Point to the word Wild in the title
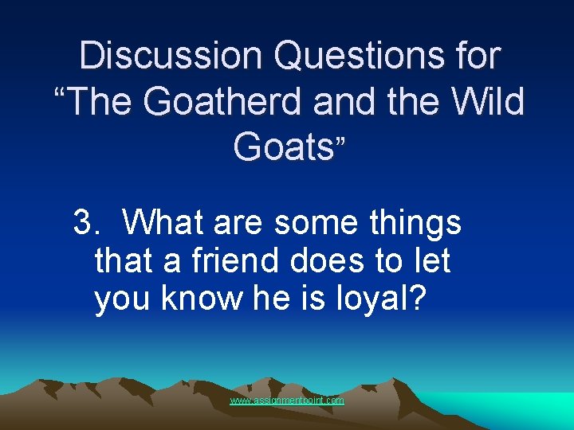(x=489, y=102)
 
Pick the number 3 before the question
(x=82, y=223)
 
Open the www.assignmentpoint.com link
(x=287, y=401)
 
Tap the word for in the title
(x=475, y=56)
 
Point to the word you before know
(x=124, y=298)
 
